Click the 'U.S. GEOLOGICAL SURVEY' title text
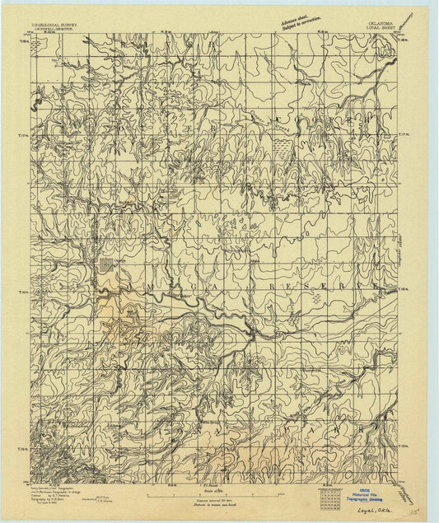55,26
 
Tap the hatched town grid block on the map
107,264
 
